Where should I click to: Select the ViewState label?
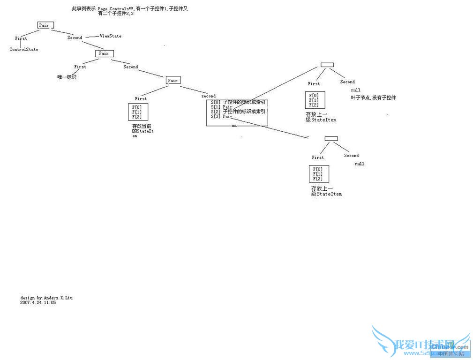pyautogui.click(x=110, y=36)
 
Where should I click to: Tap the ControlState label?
pyautogui.click(x=24, y=49)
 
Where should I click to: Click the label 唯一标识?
pyautogui.click(x=67, y=77)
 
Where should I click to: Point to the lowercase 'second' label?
pyautogui.click(x=209, y=96)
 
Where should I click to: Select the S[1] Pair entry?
pyautogui.click(x=222, y=107)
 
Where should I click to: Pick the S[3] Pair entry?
pyautogui.click(x=222, y=116)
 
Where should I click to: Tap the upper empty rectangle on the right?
pyautogui.click(x=327, y=65)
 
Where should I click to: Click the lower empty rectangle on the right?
pyautogui.click(x=331, y=138)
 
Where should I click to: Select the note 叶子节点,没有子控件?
pyautogui.click(x=373, y=97)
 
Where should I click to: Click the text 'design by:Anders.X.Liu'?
pyautogui.click(x=46, y=298)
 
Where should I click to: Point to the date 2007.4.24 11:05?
pyautogui.click(x=38, y=303)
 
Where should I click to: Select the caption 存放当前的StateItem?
pyautogui.click(x=143, y=131)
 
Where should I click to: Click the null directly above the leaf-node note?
pyautogui.click(x=355, y=90)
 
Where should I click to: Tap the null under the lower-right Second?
pyautogui.click(x=360, y=164)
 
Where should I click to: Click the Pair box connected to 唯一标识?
pyautogui.click(x=104, y=53)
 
